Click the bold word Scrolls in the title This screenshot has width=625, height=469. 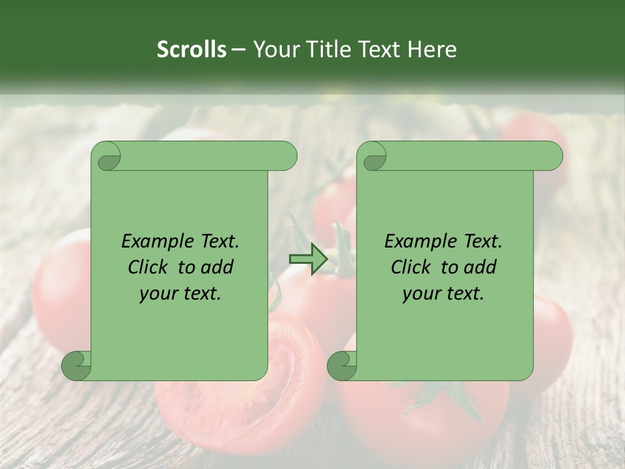tap(192, 50)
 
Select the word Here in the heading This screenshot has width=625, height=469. tap(432, 50)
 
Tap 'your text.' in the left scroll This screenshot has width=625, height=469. tap(180, 294)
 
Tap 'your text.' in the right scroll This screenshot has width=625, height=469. tap(443, 294)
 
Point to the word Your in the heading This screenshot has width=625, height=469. tap(274, 50)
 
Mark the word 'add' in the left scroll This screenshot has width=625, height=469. tap(217, 268)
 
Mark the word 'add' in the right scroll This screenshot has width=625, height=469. tap(480, 268)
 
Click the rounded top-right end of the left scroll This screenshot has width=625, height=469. tap(286, 156)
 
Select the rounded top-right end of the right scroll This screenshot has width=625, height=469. tap(552, 156)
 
